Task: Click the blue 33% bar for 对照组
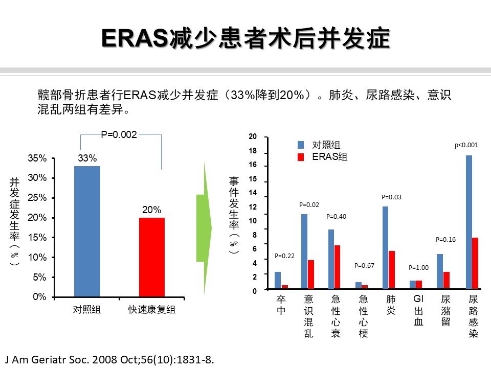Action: coord(87,231)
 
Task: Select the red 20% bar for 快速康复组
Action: coord(151,257)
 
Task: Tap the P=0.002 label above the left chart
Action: coord(119,134)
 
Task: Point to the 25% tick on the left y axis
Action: coord(36,198)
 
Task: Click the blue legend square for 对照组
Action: coord(301,145)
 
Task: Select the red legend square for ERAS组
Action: coord(301,157)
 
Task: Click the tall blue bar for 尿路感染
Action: coord(468,222)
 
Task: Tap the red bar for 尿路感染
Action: coord(475,263)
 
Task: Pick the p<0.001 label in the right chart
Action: coord(466,145)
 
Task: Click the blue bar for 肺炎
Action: coord(385,247)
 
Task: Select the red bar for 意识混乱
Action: coord(310,274)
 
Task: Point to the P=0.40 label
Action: coord(336,217)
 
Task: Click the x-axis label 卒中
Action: coord(281,305)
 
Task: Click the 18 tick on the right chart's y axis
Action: coord(253,151)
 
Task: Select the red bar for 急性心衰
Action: coord(338,267)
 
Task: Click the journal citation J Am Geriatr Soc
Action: coord(108,359)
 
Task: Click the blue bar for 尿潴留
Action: coord(440,271)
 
